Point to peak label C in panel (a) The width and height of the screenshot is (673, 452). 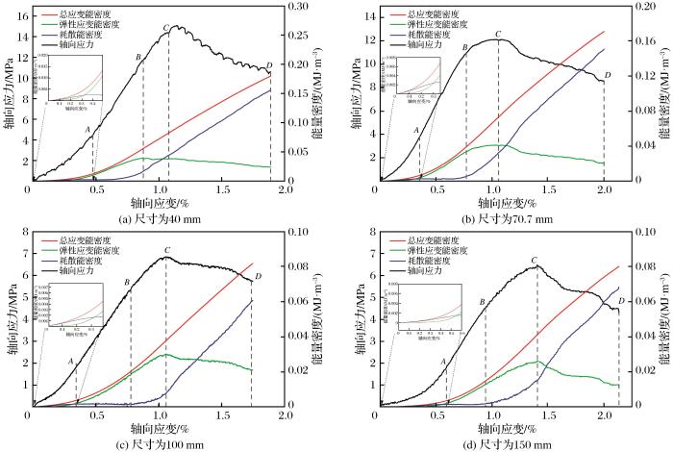point(166,27)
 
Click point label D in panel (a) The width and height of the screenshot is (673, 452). point(268,65)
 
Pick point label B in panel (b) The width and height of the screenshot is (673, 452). point(465,45)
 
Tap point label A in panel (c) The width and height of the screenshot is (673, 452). point(71,361)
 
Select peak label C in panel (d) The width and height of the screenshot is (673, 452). point(535,260)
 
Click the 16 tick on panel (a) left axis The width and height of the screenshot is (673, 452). point(22,17)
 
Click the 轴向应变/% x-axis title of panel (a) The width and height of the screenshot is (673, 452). point(161,204)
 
